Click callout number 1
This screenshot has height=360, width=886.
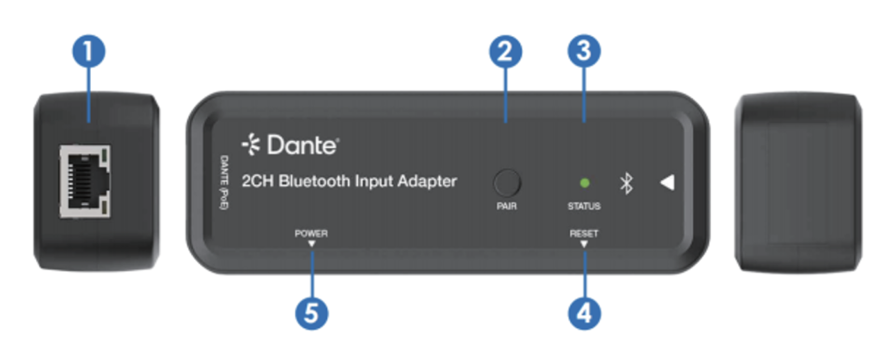[x=88, y=52]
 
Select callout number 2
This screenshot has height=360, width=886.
[x=505, y=52]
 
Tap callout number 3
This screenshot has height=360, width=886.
[x=584, y=52]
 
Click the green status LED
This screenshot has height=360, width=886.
[x=585, y=183]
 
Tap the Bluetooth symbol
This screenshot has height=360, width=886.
[x=626, y=183]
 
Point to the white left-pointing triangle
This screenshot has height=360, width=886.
[x=667, y=183]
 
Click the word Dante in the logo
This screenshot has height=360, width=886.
[x=302, y=145]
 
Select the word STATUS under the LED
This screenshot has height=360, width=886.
[x=584, y=206]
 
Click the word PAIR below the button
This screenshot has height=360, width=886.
[x=506, y=206]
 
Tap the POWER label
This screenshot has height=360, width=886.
[x=311, y=234]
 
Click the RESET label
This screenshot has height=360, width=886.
[x=584, y=234]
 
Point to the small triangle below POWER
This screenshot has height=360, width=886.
[x=311, y=243]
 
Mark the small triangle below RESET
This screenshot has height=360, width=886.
[x=584, y=243]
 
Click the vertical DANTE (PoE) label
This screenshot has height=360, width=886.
[x=224, y=183]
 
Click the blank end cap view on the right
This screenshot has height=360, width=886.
[x=799, y=182]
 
